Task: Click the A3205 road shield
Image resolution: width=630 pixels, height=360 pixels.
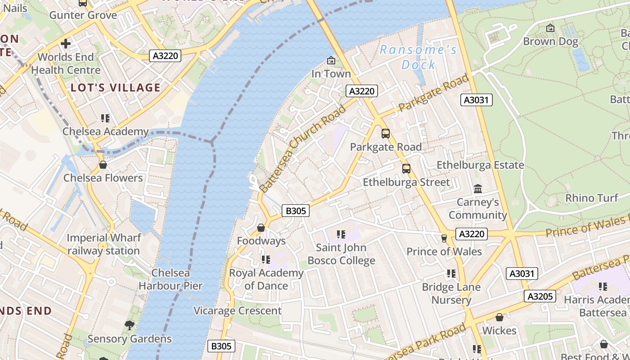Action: click(540, 296)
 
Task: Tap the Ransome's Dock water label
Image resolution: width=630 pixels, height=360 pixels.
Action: click(418, 57)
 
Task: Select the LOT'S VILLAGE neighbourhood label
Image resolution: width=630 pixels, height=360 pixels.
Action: click(116, 87)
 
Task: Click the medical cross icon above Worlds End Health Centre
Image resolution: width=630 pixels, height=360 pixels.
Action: click(66, 44)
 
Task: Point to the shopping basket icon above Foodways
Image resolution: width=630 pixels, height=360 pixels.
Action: click(261, 228)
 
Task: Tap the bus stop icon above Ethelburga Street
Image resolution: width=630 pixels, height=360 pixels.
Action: click(406, 169)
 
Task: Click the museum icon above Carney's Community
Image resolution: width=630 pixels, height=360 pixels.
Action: click(478, 189)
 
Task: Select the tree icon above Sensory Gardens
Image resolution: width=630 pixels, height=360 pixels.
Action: click(129, 325)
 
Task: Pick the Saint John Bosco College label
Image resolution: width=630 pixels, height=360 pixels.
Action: click(341, 254)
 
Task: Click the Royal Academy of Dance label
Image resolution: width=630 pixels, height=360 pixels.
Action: click(266, 279)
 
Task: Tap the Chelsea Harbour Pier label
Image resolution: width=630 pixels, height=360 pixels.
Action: click(171, 279)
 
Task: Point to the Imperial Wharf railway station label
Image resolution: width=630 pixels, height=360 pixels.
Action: click(103, 244)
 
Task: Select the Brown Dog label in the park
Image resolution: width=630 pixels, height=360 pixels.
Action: click(550, 41)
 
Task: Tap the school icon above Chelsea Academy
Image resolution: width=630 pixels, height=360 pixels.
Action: click(105, 118)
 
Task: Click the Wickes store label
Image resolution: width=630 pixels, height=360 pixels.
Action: click(499, 330)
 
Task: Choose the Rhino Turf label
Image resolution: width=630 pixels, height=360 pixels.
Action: click(591, 198)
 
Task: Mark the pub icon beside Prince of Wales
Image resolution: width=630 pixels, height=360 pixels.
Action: click(444, 238)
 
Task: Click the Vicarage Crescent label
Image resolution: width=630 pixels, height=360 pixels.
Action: click(238, 310)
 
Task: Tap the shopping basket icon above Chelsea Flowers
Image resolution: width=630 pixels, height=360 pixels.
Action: click(103, 165)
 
